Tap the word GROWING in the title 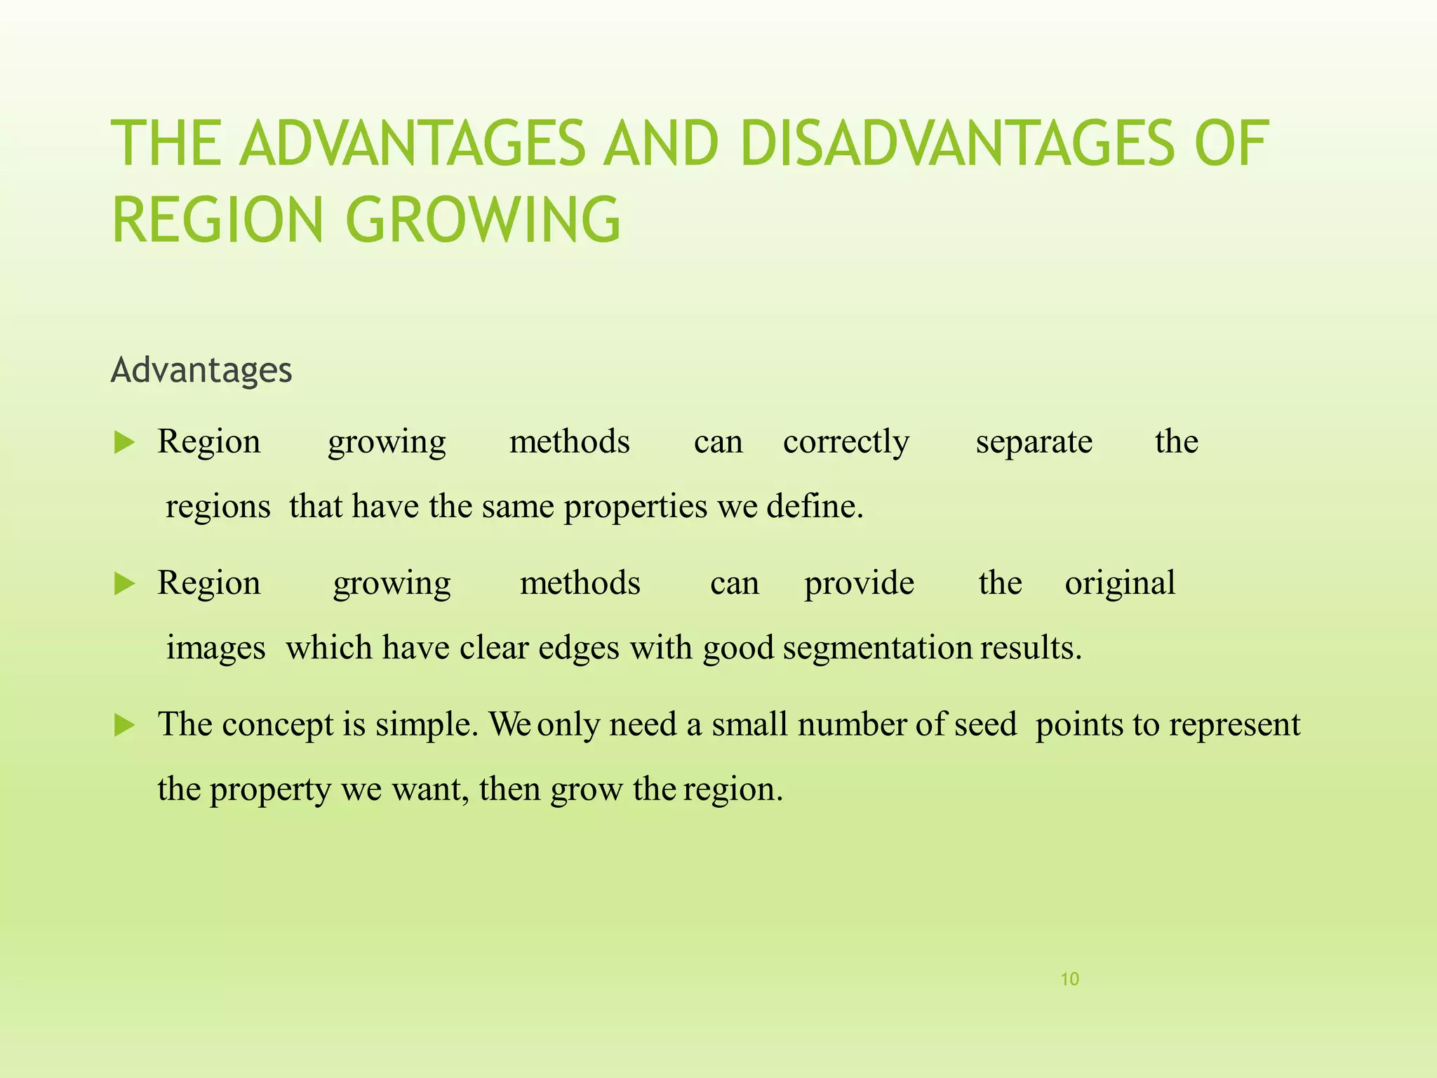click(483, 220)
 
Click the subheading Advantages click(201, 370)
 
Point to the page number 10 click(1069, 979)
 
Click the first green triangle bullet click(124, 443)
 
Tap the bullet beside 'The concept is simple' click(124, 725)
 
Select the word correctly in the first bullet click(846, 442)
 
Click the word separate click(1034, 442)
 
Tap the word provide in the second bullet click(859, 584)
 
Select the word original click(1119, 584)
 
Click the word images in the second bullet click(215, 648)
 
